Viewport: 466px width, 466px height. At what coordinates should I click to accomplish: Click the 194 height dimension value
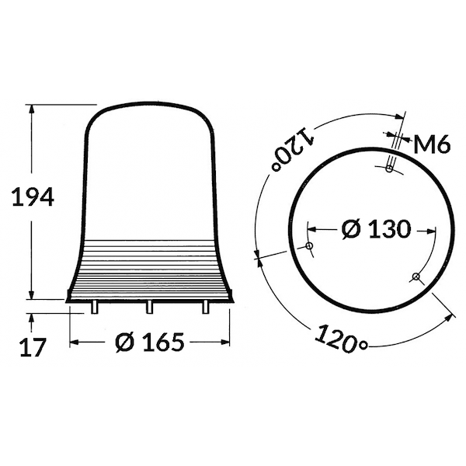33,196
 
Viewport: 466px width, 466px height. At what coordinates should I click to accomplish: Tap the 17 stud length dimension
33,347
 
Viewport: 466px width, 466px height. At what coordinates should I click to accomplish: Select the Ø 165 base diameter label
150,342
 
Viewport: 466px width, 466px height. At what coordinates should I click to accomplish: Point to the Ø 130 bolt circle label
376,229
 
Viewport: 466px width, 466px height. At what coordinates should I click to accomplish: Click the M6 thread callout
432,144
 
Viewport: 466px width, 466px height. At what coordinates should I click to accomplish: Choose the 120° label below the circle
341,339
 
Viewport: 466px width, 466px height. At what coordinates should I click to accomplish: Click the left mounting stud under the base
94,307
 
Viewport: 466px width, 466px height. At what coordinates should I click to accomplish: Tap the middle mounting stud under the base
149,307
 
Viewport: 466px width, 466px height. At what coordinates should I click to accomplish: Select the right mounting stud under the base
205,307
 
